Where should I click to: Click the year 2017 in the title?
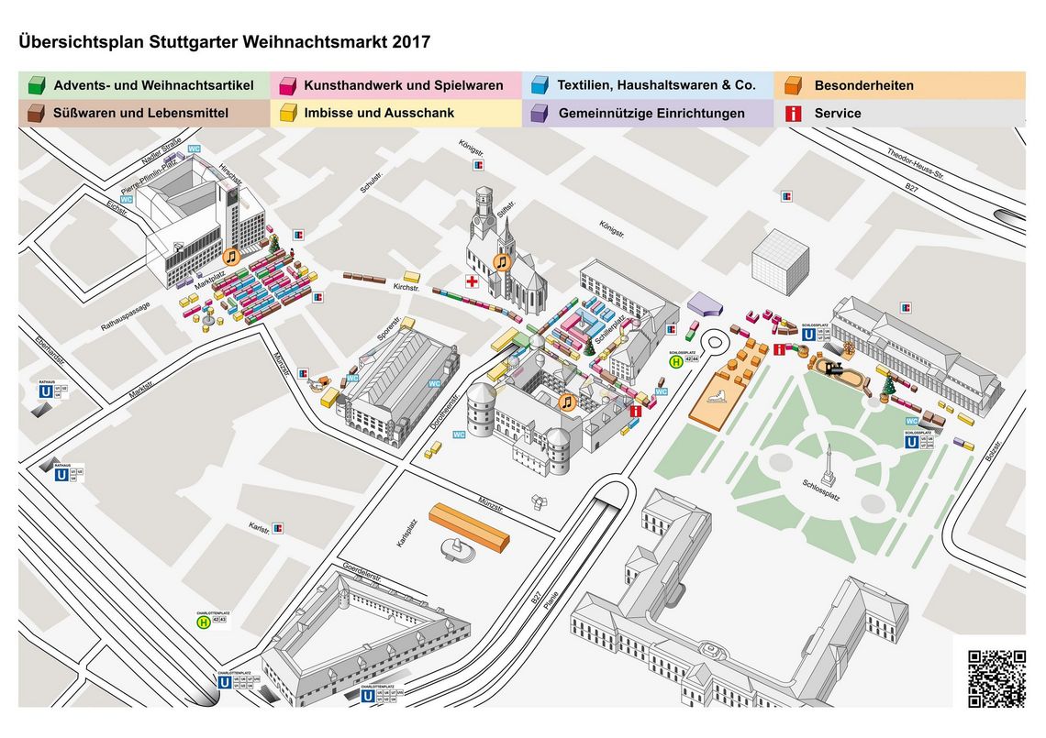(409, 42)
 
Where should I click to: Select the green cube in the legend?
(36, 86)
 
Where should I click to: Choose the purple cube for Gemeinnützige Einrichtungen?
(539, 114)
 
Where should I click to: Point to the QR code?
(996, 678)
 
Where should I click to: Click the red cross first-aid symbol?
(473, 281)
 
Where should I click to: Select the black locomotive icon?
(834, 369)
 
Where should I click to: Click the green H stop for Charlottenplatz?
(203, 622)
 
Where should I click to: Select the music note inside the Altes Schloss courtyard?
(566, 402)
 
